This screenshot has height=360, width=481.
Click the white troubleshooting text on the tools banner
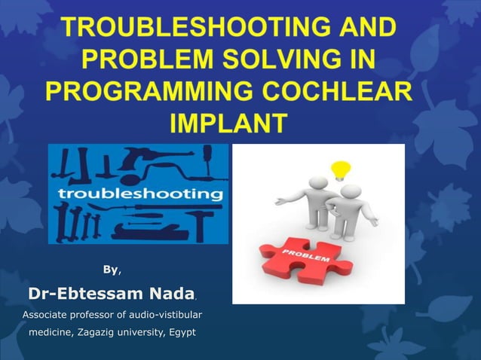139,194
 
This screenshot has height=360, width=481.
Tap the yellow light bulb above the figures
342,168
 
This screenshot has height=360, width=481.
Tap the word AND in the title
363,30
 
